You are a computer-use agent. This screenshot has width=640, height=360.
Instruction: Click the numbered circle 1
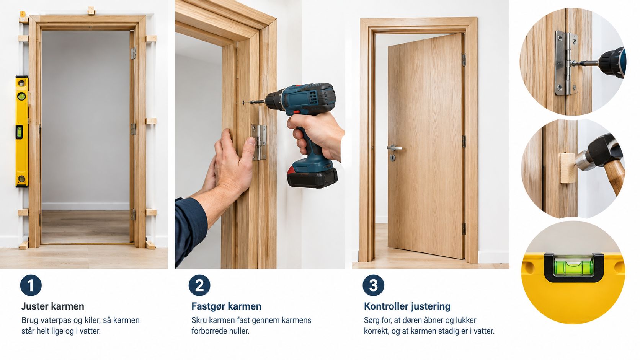[x=31, y=285]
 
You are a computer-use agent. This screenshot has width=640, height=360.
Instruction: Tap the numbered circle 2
[x=199, y=285]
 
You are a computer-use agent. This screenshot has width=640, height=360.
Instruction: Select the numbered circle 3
[x=374, y=285]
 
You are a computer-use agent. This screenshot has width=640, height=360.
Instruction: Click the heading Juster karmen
[x=53, y=306]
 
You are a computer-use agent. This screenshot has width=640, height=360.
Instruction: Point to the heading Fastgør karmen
[x=226, y=306]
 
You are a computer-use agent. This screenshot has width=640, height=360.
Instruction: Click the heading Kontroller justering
[x=407, y=306]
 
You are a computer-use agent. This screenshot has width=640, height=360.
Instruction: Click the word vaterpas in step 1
[x=56, y=320]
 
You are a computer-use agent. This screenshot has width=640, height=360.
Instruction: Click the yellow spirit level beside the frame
[x=22, y=131]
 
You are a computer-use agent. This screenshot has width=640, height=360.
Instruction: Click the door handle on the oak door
[x=395, y=148]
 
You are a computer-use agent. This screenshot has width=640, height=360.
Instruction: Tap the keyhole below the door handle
[x=393, y=158]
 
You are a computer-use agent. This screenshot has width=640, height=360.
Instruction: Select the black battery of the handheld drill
[x=312, y=177]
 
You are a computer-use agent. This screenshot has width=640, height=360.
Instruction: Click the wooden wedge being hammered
[x=568, y=168]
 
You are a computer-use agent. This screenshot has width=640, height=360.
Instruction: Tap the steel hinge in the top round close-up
[x=566, y=63]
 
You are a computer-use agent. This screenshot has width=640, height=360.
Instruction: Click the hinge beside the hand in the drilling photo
[x=259, y=142]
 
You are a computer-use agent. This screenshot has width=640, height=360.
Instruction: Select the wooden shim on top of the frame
[x=91, y=11]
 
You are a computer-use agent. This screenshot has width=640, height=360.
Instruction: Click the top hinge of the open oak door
[x=464, y=60]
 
